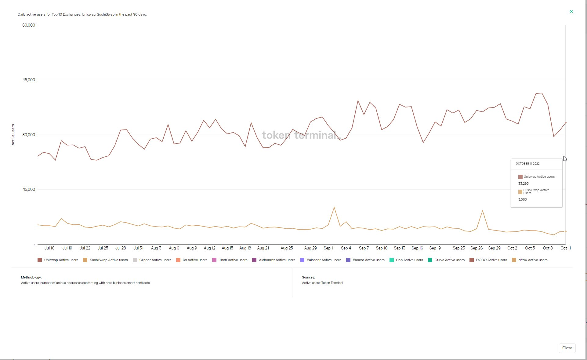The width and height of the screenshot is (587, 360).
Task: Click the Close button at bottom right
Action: pos(567,348)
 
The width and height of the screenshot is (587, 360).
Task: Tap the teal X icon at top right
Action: pos(571,12)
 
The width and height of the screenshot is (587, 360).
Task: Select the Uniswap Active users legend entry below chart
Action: pos(58,260)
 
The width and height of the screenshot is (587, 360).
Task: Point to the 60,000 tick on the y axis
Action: pos(29,25)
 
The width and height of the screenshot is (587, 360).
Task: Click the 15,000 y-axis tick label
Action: pos(29,189)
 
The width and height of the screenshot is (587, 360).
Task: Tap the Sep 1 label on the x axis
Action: pos(328,248)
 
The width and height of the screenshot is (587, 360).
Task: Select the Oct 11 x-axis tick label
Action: pos(565,248)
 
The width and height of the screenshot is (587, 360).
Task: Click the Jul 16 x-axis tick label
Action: pos(49,248)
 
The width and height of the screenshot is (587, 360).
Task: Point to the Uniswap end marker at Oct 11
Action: pos(565,123)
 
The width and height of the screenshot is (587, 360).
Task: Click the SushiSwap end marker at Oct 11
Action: pos(565,231)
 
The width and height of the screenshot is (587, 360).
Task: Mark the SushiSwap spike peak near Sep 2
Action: pos(334,208)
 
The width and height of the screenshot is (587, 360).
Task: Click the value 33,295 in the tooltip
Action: pos(523,184)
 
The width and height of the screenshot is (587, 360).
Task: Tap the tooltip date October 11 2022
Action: pos(527,164)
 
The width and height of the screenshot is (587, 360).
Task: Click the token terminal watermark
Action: pos(301,135)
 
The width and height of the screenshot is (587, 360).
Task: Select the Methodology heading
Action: pos(31,277)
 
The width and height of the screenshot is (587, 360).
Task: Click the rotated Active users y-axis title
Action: pos(13,134)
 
